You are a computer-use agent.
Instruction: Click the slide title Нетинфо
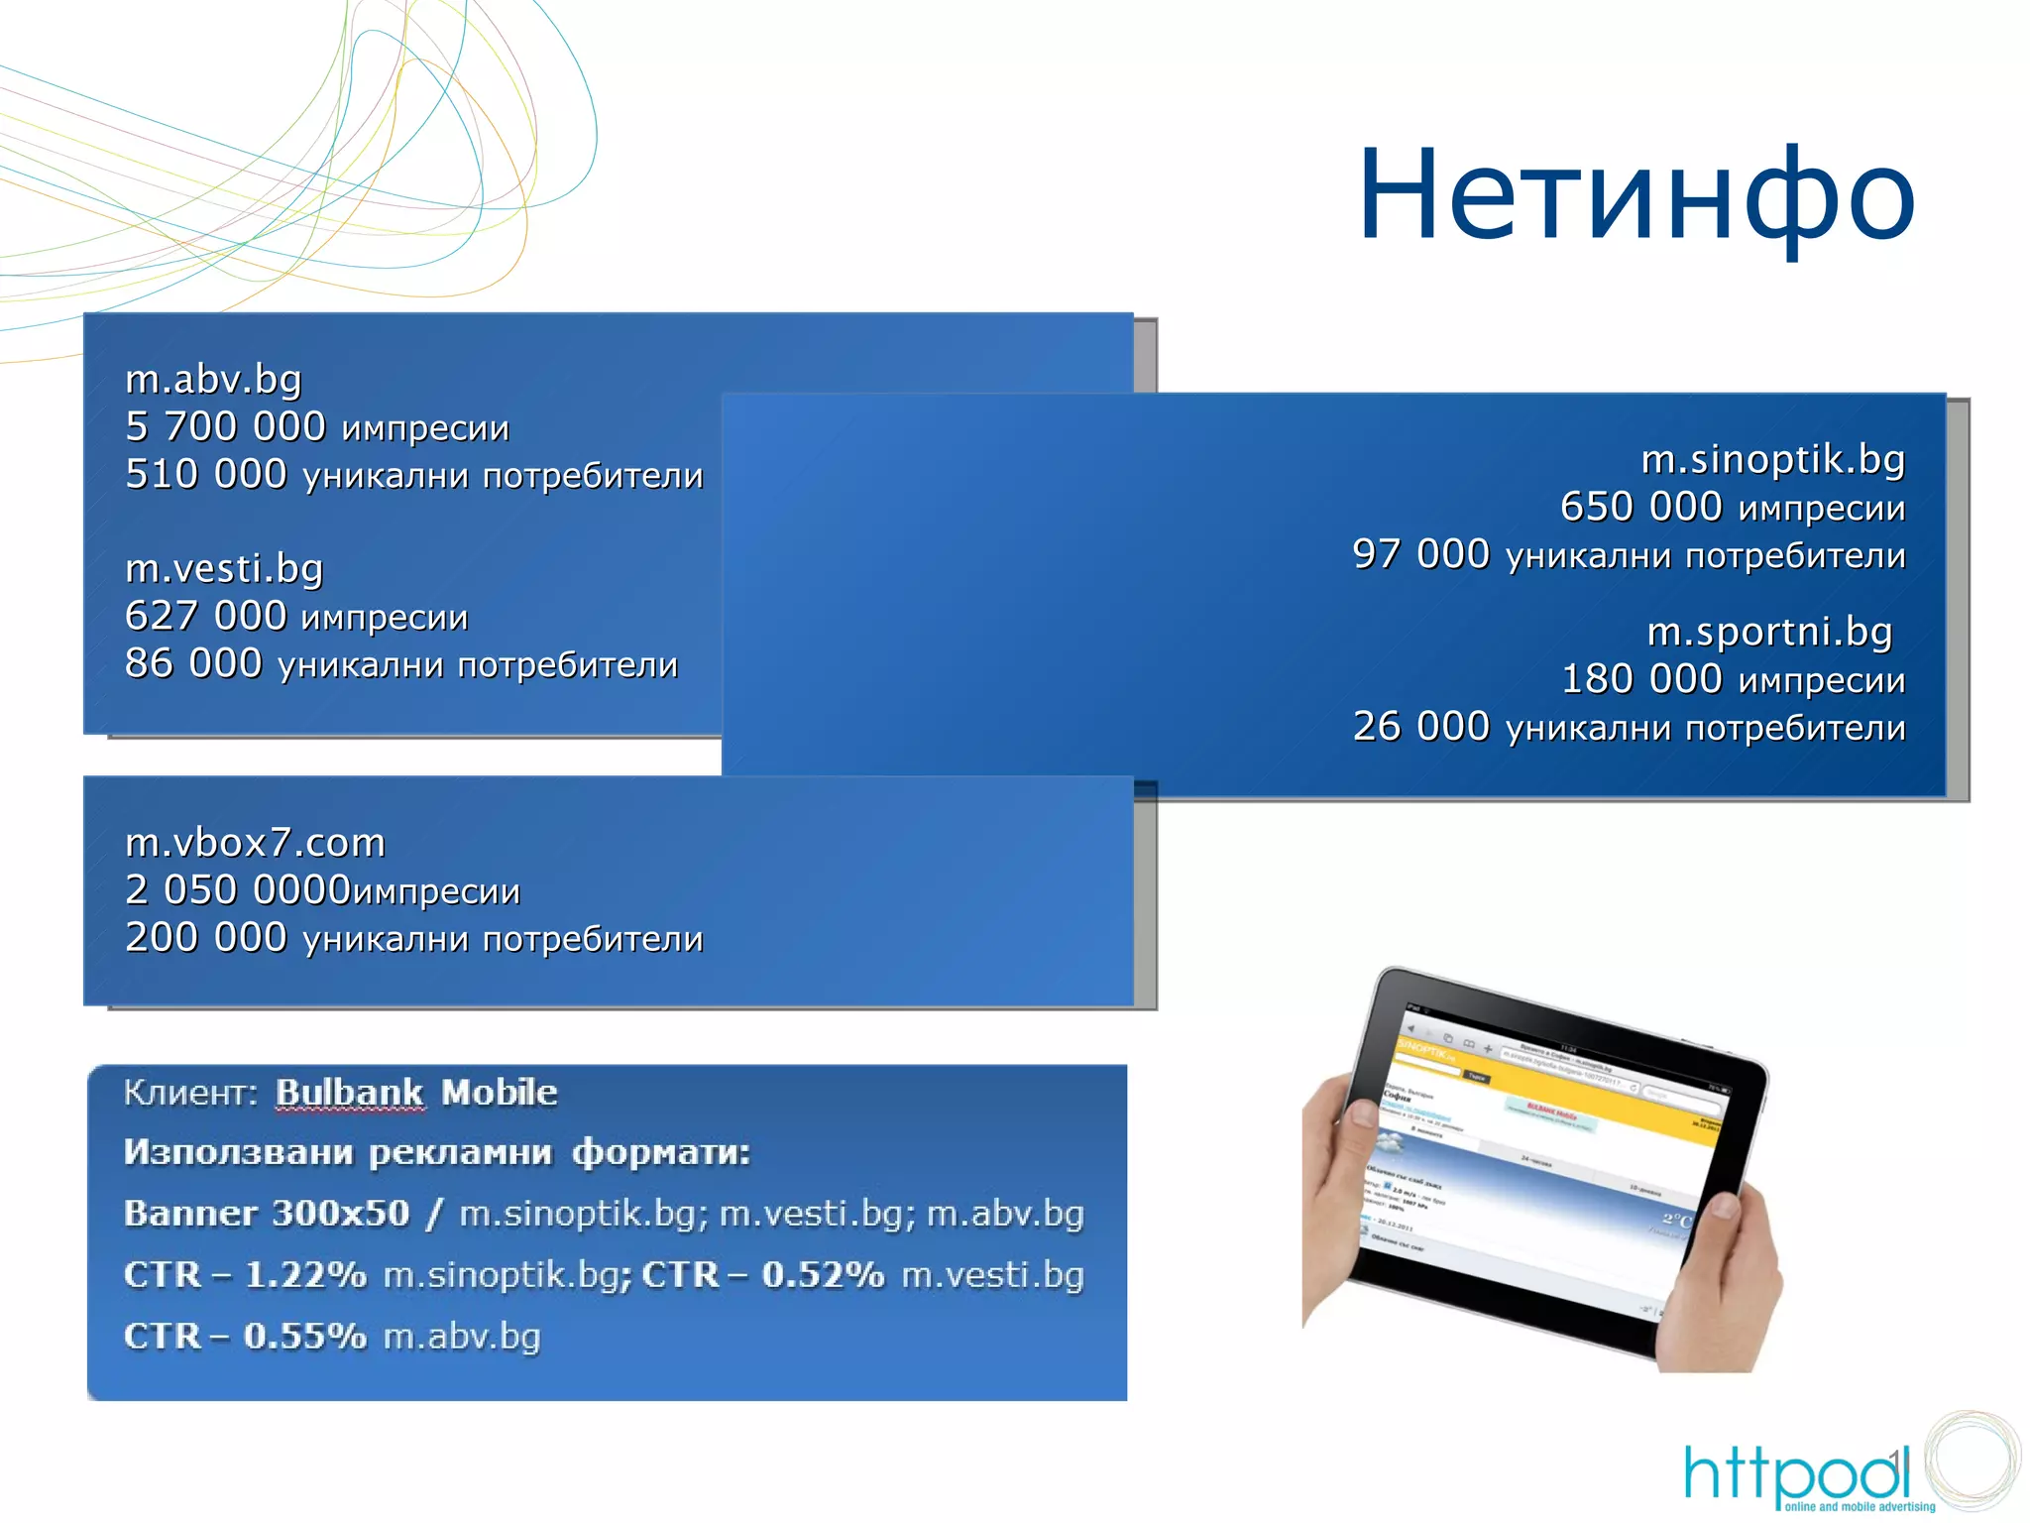[1635, 195]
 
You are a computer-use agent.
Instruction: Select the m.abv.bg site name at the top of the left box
[213, 379]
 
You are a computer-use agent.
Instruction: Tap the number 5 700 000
[225, 426]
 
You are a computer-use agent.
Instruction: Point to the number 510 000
[206, 474]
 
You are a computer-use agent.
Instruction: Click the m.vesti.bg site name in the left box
[224, 568]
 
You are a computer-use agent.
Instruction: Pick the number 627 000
[206, 616]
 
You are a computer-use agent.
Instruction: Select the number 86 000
[193, 663]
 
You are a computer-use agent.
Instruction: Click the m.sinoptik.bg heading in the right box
[1772, 459]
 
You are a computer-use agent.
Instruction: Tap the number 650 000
[1640, 507]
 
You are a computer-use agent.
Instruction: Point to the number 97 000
[1420, 554]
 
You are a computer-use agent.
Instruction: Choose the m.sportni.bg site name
[1769, 632]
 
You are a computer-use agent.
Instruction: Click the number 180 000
[1640, 679]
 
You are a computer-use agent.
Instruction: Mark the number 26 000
[1420, 727]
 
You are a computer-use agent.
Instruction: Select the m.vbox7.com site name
[255, 843]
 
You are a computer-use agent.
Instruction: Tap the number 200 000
[206, 937]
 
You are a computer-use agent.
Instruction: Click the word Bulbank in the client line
[349, 1093]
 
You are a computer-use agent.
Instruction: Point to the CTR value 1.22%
[305, 1274]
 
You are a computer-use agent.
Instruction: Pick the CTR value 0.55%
[305, 1336]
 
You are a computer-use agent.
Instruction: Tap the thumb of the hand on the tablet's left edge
[1358, 1115]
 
